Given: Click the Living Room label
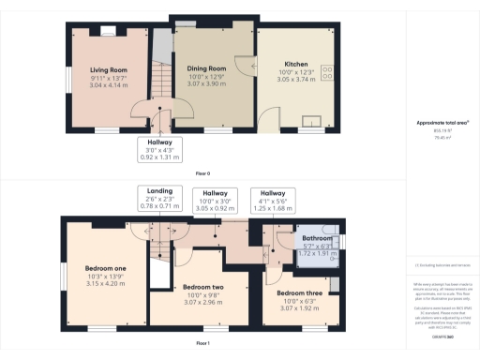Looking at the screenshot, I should click(x=108, y=70).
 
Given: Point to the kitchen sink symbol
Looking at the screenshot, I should click(x=308, y=120).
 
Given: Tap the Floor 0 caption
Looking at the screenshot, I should click(x=202, y=174).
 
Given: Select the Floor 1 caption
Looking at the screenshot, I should click(x=202, y=345).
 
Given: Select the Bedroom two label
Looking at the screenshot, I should click(x=202, y=287).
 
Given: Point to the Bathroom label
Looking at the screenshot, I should click(x=315, y=239).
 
